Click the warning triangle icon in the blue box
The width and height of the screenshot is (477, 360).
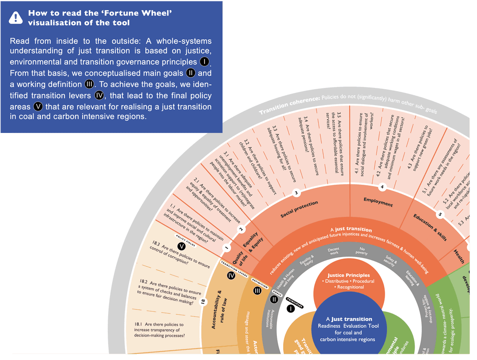pos(16,17)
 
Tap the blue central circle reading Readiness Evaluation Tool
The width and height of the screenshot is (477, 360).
pos(348,330)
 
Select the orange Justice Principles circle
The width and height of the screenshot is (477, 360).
pos(349,281)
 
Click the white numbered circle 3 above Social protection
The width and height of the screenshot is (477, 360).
pos(297,193)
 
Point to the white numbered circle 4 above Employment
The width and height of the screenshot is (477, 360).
pos(382,187)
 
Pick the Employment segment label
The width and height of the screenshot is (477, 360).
pos(378,202)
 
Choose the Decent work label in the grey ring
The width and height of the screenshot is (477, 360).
pos(333,251)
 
